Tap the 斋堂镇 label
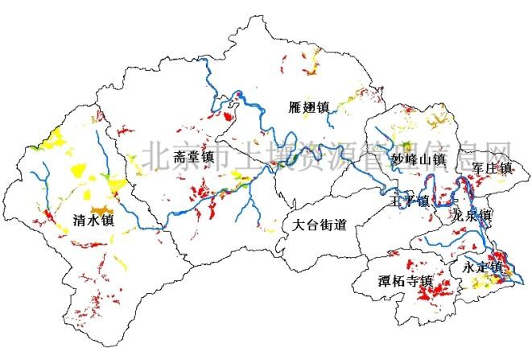click(x=194, y=156)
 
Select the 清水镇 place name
click(x=93, y=219)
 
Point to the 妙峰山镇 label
click(x=419, y=159)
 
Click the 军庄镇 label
click(x=493, y=168)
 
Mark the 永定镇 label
click(x=483, y=267)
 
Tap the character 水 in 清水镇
click(x=93, y=219)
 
